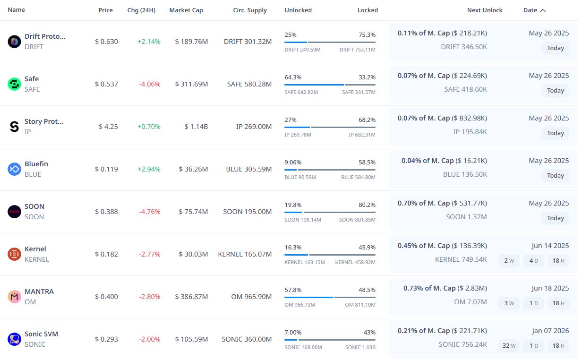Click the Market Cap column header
pos(186,10)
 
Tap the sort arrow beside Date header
pos(543,10)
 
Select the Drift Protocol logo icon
pos(15,42)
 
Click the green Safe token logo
pos(15,84)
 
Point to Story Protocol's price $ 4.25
pos(108,127)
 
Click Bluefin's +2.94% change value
pos(149,169)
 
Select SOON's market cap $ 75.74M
pos(193,212)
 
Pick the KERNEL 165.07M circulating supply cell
pos(245,254)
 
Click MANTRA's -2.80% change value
pos(149,297)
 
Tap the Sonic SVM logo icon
pos(15,339)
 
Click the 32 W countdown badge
pos(509,346)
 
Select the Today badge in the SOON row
pos(555,218)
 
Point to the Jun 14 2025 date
pos(550,246)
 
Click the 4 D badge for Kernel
pos(533,261)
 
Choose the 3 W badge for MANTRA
pos(509,303)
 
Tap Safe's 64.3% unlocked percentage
pos(293,77)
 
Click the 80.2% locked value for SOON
pos(367,205)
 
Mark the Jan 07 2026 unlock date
pos(549,331)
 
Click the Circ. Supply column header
pos(250,10)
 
